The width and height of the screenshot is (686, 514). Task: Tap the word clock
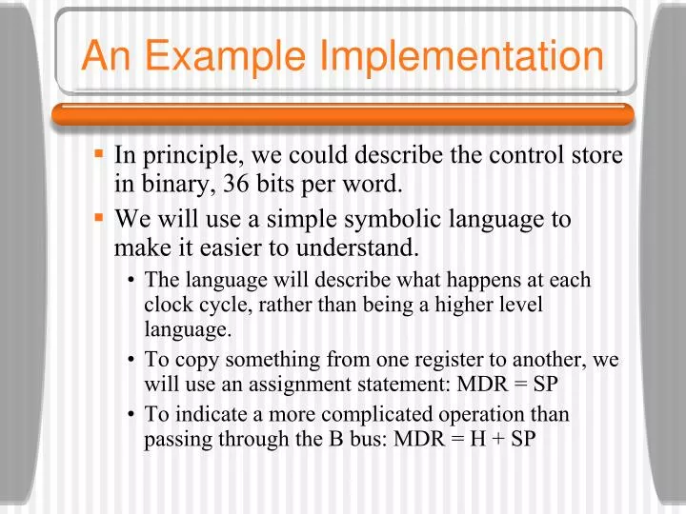[167, 305]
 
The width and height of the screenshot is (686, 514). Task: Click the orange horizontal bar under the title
[343, 114]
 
